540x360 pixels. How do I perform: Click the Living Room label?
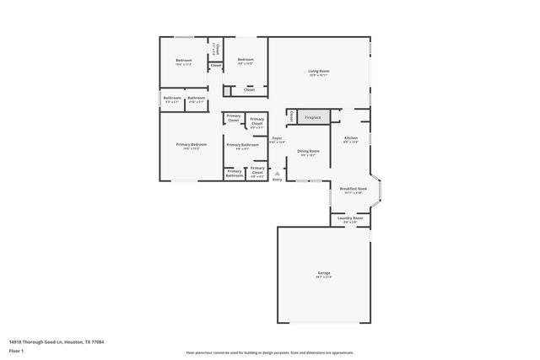(318, 73)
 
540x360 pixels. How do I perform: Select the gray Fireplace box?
(312, 116)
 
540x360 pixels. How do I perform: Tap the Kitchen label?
(350, 139)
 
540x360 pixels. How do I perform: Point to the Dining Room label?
(307, 153)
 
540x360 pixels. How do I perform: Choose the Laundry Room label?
(350, 219)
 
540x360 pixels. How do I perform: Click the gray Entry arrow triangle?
(277, 173)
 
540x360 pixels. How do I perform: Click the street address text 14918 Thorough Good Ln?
(51, 342)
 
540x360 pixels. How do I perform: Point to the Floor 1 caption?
(16, 350)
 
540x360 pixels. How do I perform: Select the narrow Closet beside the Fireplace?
(291, 116)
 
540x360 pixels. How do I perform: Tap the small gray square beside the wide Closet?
(228, 89)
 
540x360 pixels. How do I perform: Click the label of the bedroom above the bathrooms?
(184, 61)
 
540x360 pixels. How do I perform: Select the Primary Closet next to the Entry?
(257, 172)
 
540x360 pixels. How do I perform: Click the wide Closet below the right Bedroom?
(249, 89)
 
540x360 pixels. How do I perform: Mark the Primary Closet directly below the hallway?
(234, 119)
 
